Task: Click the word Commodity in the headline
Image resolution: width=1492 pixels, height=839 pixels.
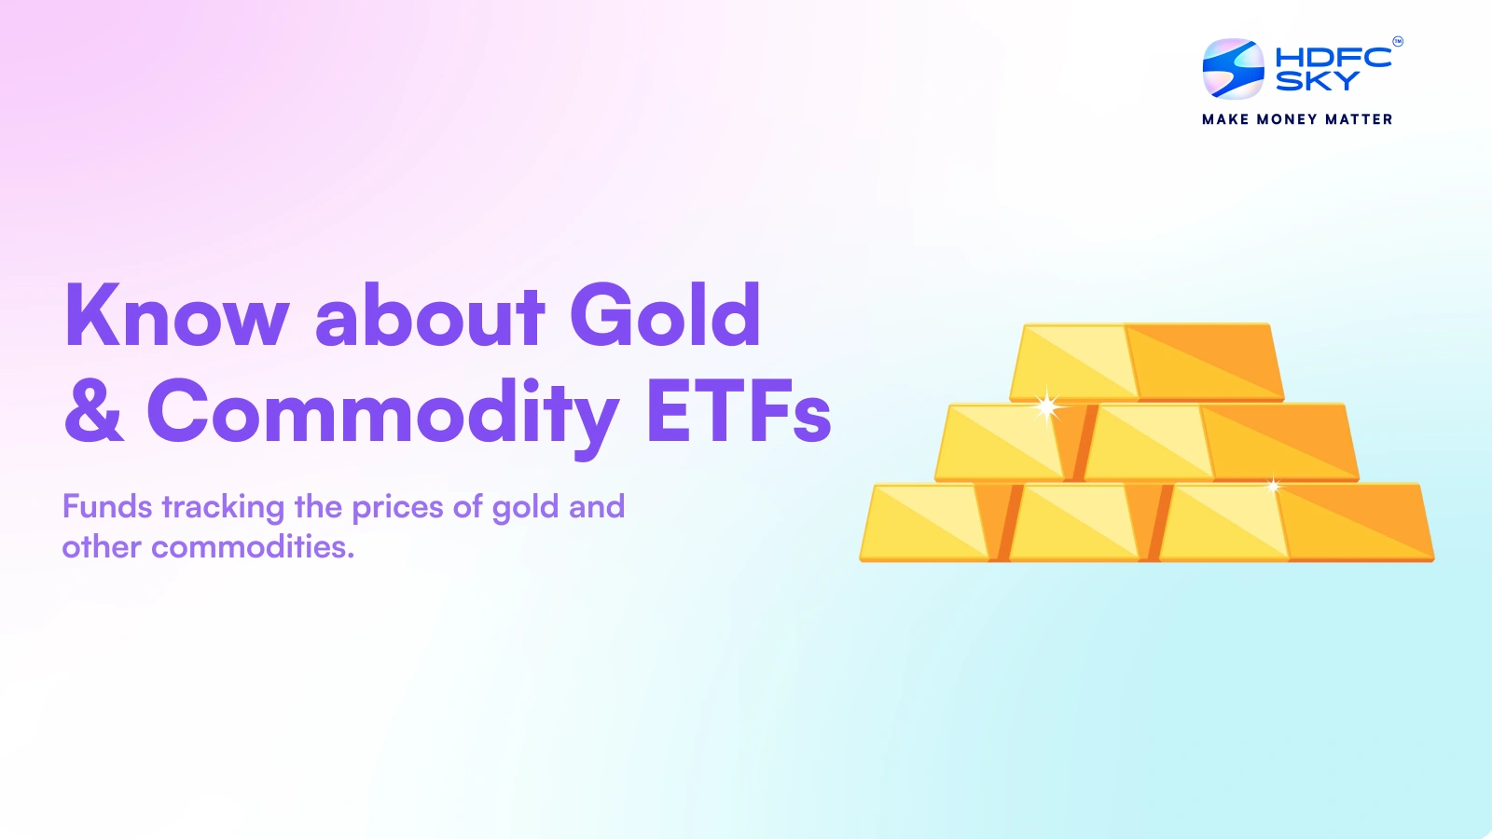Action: [x=382, y=412]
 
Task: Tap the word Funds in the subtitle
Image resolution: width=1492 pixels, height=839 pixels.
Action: [x=107, y=507]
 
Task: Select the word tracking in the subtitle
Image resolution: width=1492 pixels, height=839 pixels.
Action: [x=223, y=507]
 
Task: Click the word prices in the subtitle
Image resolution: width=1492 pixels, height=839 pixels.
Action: [x=397, y=507]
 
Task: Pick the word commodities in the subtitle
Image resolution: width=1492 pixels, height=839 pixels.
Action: [x=252, y=547]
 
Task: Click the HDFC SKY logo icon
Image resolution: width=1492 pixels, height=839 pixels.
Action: [x=1233, y=69]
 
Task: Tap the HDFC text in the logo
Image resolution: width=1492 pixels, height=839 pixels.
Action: [x=1333, y=57]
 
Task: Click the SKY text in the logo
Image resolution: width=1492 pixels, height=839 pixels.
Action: [x=1317, y=82]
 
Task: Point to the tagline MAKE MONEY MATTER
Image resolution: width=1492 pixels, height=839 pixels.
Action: [x=1297, y=119]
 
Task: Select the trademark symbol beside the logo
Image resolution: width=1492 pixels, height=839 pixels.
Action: [x=1397, y=41]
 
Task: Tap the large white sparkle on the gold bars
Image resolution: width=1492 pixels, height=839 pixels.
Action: [x=1047, y=406]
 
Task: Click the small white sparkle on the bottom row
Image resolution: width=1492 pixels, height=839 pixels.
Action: [x=1273, y=486]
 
